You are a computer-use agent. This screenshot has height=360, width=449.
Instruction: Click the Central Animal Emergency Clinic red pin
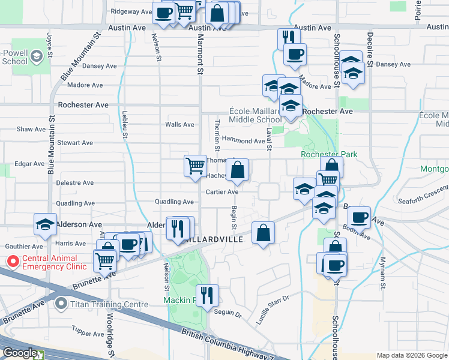[x=11, y=262]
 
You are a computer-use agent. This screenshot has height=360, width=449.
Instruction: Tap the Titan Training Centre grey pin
[x=60, y=304]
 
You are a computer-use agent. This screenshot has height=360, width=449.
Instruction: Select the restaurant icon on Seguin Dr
[x=207, y=295]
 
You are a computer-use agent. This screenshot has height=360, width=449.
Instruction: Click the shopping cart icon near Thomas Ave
[x=195, y=166]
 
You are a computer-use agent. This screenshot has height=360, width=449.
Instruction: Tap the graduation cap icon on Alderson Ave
[x=44, y=224]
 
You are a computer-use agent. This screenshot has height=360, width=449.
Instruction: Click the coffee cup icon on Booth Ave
[x=359, y=217]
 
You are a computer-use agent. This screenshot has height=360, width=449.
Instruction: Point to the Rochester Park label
[x=329, y=154]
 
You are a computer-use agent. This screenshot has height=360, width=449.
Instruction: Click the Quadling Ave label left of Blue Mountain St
[x=74, y=203]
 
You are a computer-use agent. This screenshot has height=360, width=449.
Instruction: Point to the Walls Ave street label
[x=180, y=125]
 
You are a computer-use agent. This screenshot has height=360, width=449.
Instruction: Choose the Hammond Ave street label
[x=243, y=141]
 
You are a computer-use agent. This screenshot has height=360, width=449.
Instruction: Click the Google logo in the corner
[x=19, y=353]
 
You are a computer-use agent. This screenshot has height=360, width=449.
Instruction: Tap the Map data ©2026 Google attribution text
[x=412, y=355]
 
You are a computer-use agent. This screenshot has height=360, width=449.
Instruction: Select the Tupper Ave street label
[x=88, y=331]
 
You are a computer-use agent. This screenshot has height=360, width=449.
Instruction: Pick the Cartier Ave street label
[x=222, y=192]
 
